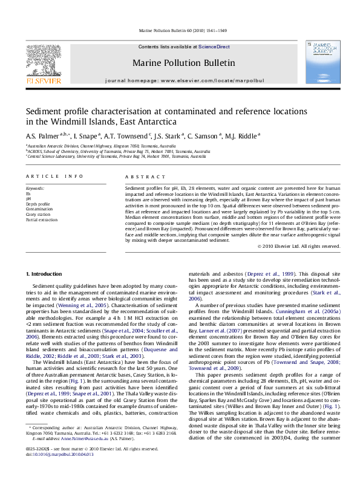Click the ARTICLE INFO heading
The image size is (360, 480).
[54, 176]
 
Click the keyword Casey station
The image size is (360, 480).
[38, 215]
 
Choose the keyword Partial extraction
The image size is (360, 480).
[41, 219]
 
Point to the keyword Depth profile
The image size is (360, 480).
[38, 204]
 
